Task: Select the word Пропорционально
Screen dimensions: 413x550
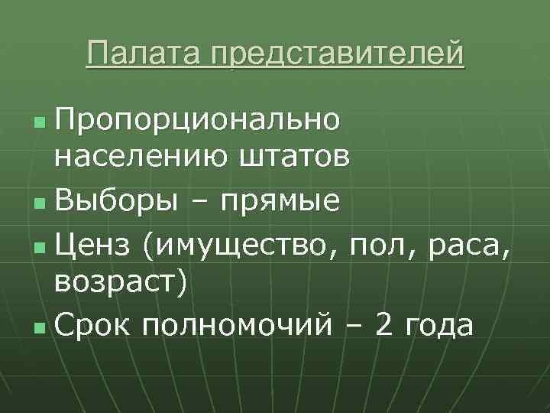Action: pos(197,121)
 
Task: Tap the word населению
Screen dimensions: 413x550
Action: pos(136,157)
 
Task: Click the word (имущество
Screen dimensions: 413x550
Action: pos(242,246)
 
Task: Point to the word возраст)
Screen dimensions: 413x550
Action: pos(120,281)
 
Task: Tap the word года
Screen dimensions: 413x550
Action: pos(441,327)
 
